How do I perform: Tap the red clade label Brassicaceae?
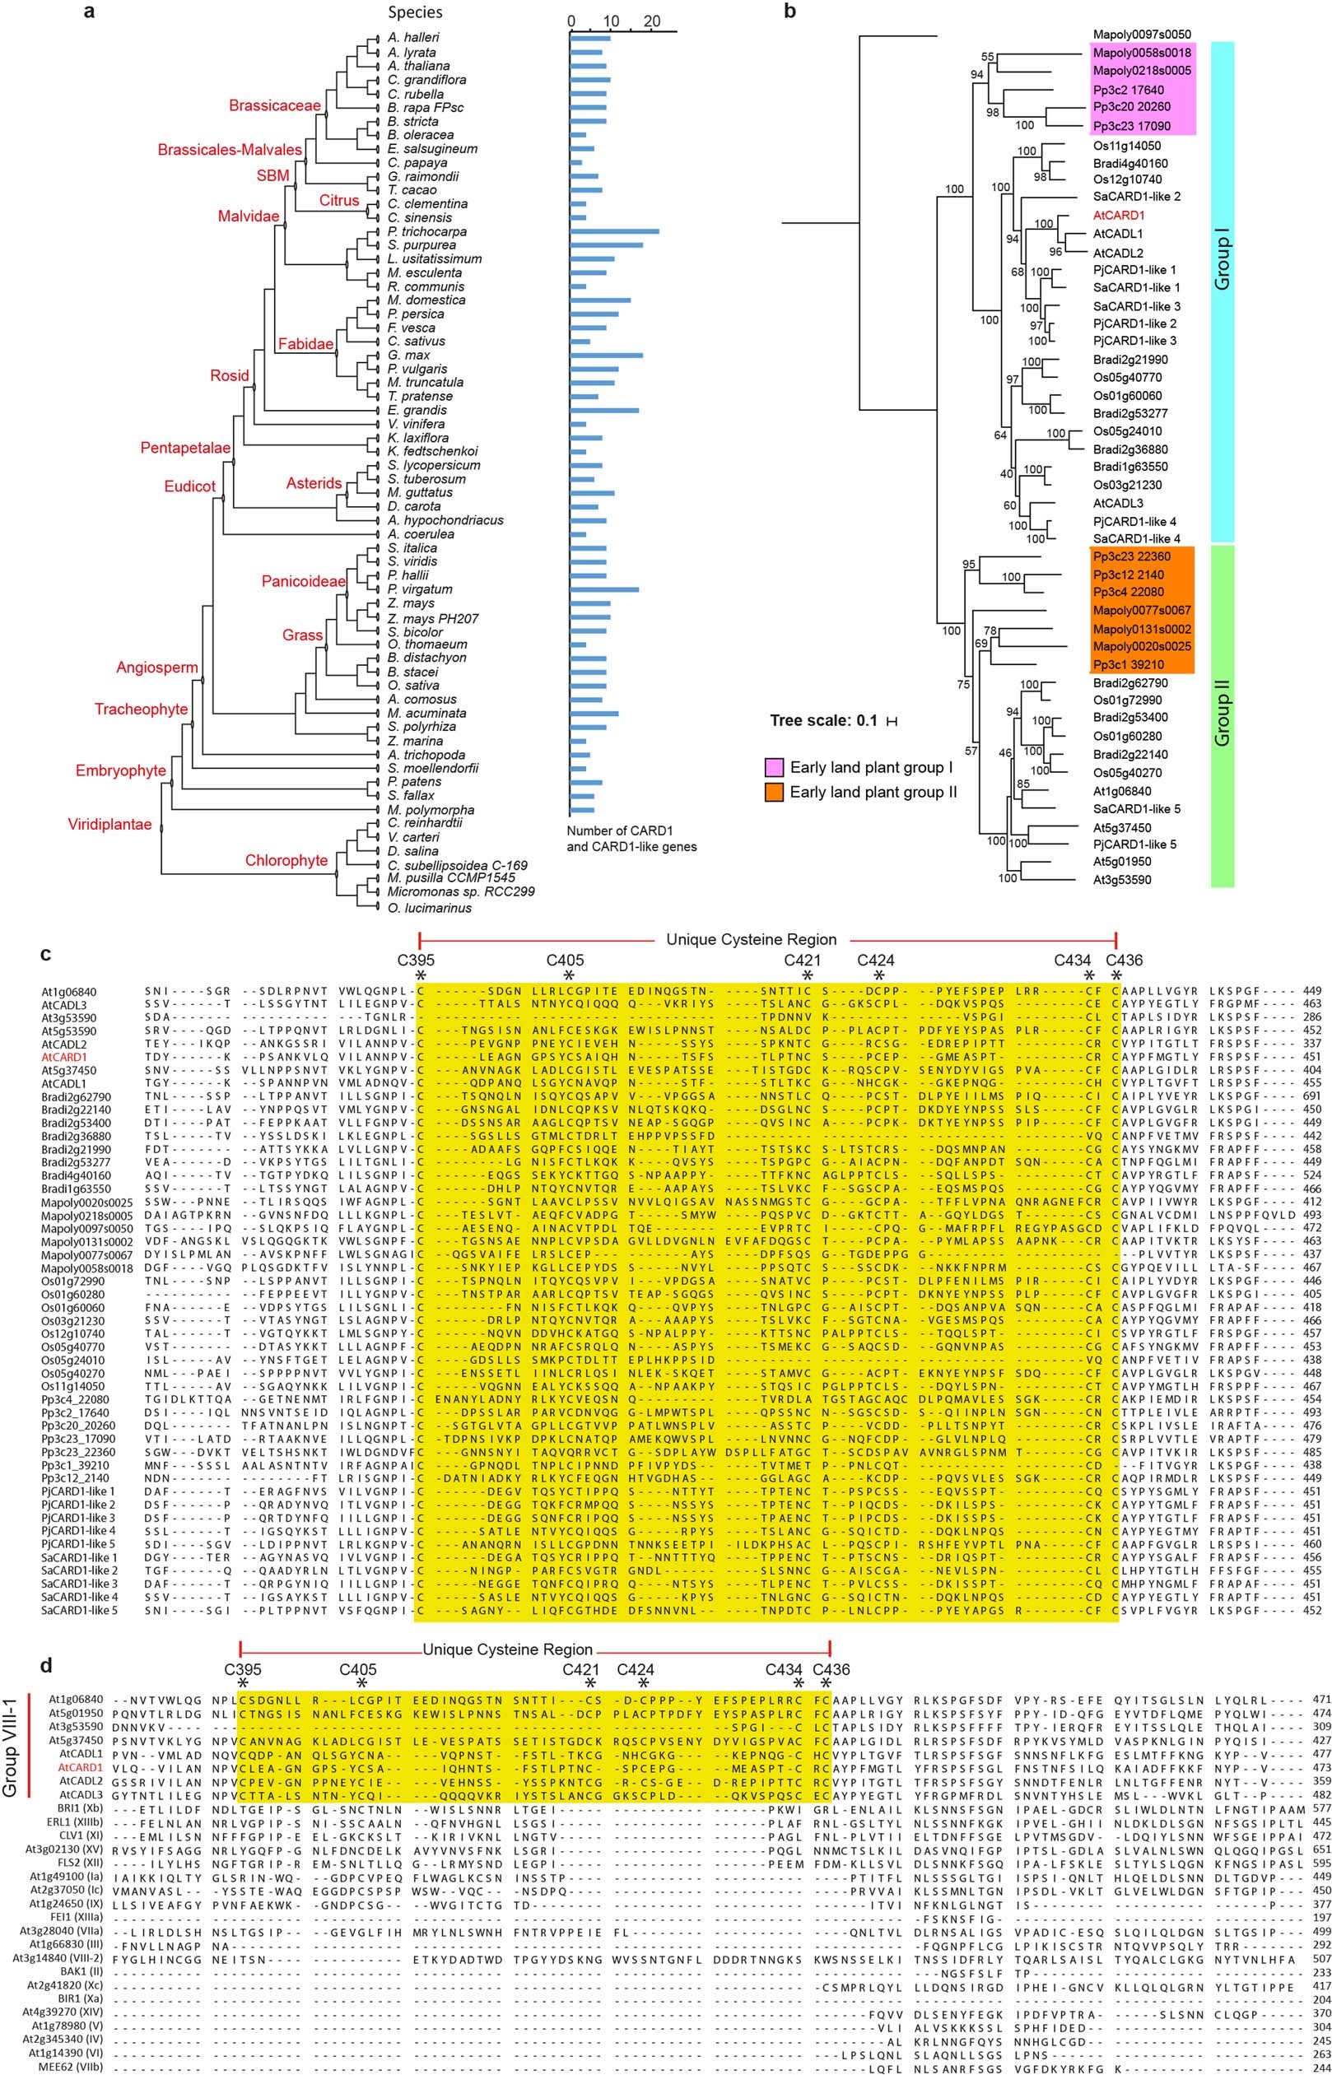pyautogui.click(x=274, y=105)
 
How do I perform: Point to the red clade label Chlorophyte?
pyautogui.click(x=286, y=860)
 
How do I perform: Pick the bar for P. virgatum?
pyautogui.click(x=603, y=589)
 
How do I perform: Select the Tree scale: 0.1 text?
pyautogui.click(x=825, y=719)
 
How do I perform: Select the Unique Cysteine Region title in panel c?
pyautogui.click(x=751, y=939)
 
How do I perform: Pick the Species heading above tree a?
pyautogui.click(x=416, y=12)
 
